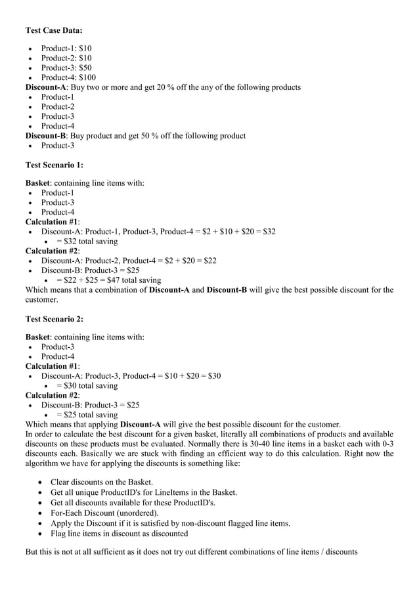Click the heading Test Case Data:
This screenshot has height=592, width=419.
tap(54, 30)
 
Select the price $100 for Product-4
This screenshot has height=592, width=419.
tap(87, 77)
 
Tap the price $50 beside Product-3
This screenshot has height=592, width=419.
tap(85, 68)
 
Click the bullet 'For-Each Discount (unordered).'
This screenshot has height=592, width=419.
tap(104, 513)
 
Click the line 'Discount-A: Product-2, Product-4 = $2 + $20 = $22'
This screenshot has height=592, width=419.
tap(129, 261)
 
